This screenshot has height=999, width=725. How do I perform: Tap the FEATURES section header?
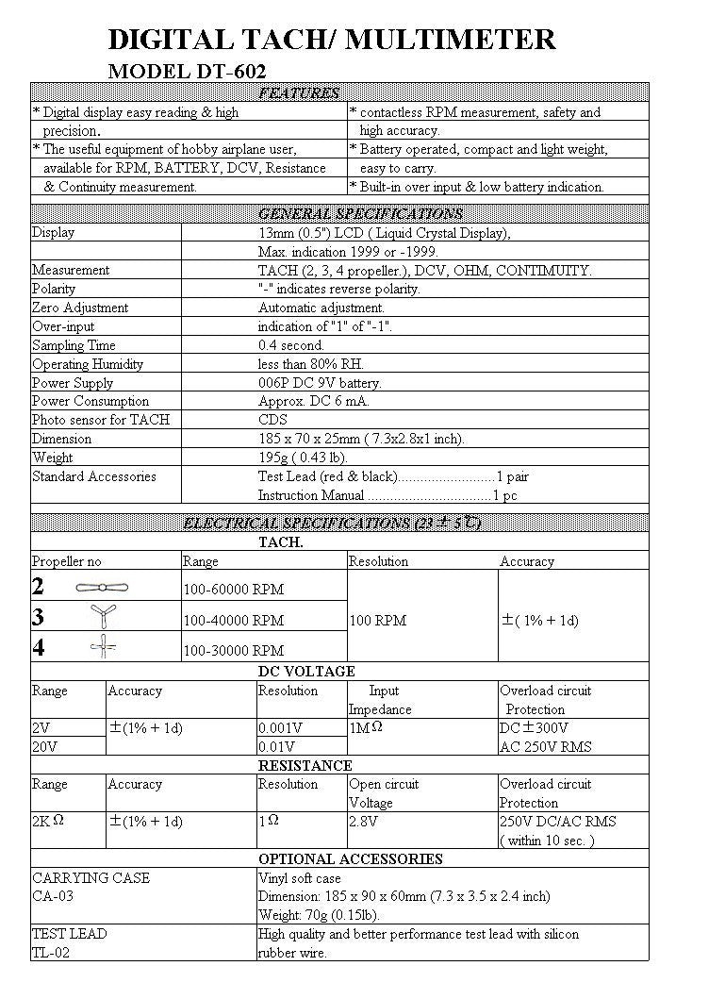299,92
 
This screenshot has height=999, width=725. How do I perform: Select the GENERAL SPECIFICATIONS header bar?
360,213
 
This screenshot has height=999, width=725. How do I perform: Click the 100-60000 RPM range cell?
233,590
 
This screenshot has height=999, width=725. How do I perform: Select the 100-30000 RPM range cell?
233,650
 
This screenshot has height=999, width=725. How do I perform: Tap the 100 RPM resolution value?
377,621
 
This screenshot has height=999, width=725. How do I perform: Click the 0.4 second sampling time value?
290,345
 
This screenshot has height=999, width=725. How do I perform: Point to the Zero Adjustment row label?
80,308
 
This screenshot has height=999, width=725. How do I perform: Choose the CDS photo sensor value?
272,420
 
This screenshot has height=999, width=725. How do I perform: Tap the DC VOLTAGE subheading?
306,672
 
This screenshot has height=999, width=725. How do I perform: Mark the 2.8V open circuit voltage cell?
363,822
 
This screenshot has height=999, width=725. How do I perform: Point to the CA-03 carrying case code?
53,896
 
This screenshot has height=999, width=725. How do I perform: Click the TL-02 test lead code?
51,953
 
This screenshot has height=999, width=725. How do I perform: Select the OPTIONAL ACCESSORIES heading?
351,859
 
